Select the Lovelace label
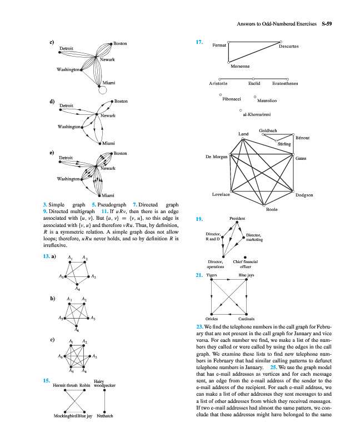click(x=221, y=195)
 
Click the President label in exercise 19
click(x=237, y=220)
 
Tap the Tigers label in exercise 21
click(x=212, y=275)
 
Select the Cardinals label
click(x=246, y=319)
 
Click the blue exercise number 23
click(x=200, y=326)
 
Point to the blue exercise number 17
click(x=199, y=42)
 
